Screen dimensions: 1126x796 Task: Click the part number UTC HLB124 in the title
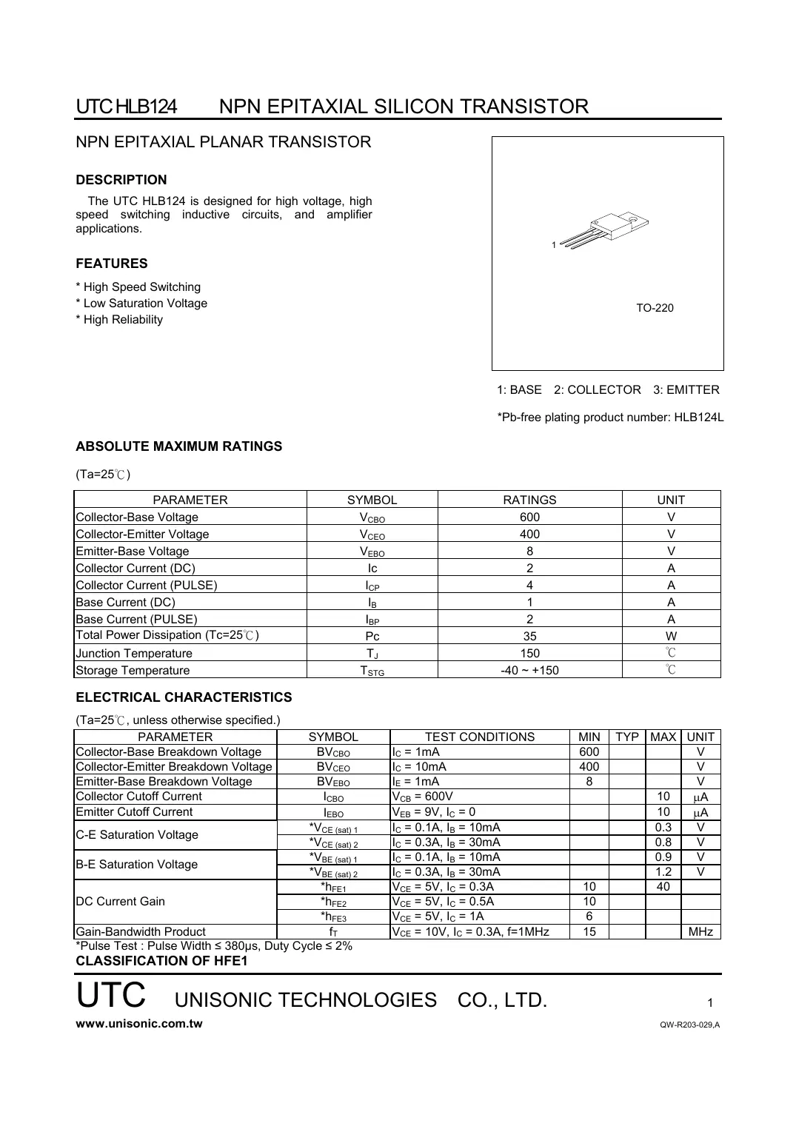pos(126,107)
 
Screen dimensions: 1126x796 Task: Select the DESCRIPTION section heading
pos(121,180)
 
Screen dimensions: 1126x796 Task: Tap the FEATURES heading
pos(112,264)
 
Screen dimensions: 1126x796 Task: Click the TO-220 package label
pos(655,308)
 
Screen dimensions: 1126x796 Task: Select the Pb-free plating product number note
pos(610,418)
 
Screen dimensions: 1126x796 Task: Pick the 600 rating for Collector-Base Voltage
pos(529,517)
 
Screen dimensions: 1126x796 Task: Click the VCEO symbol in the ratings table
pos(372,534)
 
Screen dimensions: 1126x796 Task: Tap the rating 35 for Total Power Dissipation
pos(529,636)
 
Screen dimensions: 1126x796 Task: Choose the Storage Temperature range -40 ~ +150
pos(529,671)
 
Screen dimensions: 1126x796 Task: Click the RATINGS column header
pos(529,500)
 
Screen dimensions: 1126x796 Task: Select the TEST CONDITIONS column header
pos(479,737)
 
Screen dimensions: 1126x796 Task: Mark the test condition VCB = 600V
pos(422,797)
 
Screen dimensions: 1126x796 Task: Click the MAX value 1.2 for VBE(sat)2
pos(663,872)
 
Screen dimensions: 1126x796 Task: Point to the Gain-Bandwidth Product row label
pos(141,932)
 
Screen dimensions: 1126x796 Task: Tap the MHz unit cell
pos(700,932)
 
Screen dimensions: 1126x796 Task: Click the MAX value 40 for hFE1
pos(663,887)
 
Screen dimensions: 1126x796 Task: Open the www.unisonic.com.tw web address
pos(139,1024)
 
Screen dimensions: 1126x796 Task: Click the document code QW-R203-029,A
pos(689,1025)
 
